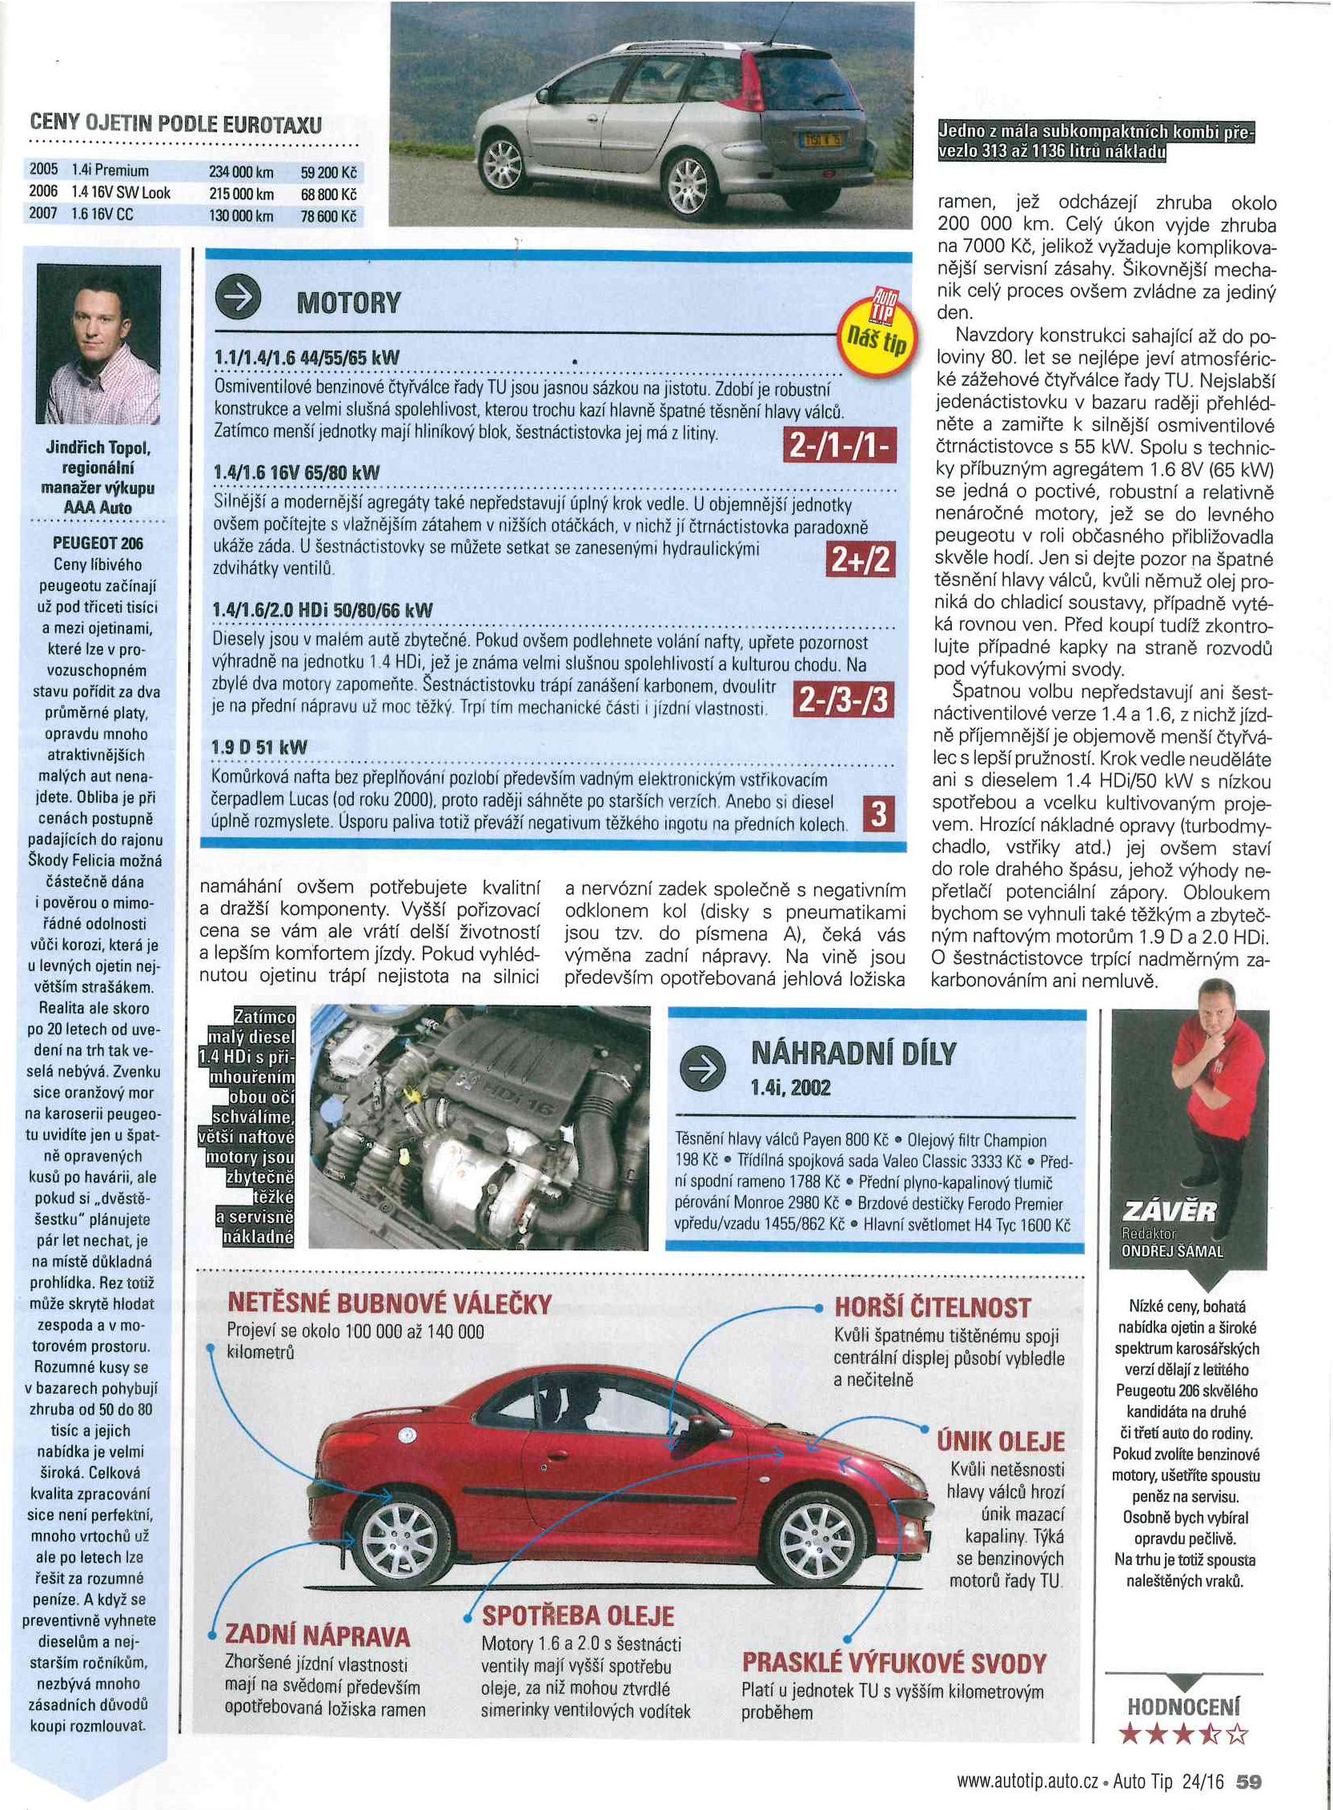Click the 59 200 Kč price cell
pos(328,172)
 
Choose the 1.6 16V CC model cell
pos(102,215)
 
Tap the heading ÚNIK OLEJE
pos(1001,1441)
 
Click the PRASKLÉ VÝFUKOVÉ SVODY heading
pos(894,1664)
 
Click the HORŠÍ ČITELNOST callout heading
pos(932,1307)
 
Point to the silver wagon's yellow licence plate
pos(821,140)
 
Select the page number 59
pos(1248,1781)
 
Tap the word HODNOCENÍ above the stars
pos(1182,1707)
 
